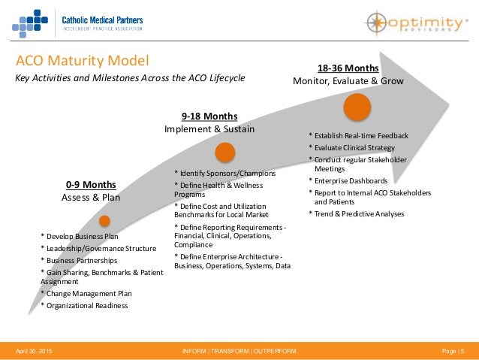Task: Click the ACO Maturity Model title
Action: click(83, 61)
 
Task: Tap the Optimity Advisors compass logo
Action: click(379, 23)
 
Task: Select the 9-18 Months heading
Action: click(209, 116)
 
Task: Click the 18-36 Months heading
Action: click(348, 68)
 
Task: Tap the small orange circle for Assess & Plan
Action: click(104, 221)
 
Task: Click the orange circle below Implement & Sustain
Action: click(224, 153)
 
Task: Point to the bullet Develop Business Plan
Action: click(81, 237)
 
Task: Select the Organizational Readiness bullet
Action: click(86, 306)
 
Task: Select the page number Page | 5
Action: click(453, 352)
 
